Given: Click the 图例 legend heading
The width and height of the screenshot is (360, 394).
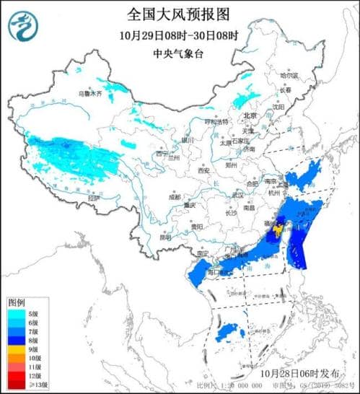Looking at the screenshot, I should coord(17,302).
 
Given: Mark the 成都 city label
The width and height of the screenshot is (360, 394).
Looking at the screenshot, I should coord(175,196).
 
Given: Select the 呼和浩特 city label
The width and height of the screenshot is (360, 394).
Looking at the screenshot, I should coord(216,121).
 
